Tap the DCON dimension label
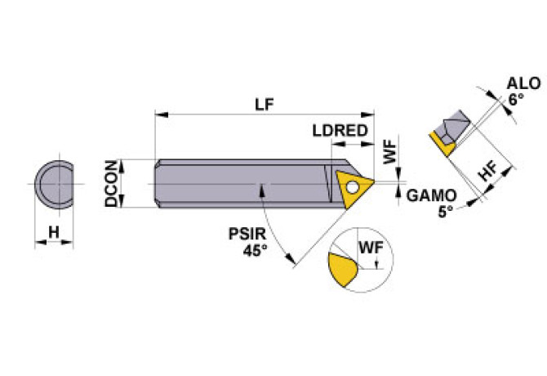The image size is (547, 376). tap(114, 184)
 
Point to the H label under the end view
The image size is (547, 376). tap(54, 232)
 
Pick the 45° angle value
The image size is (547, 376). tap(255, 250)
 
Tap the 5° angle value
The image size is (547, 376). tap(445, 210)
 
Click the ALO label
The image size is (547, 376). tap(520, 83)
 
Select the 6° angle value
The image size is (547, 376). tap(515, 98)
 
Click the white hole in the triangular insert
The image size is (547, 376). tap(352, 186)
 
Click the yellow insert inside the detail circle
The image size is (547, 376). tap(342, 268)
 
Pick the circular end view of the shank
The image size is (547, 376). tap(56, 185)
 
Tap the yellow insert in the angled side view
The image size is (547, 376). tap(442, 145)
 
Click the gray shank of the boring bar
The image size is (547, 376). tap(237, 184)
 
